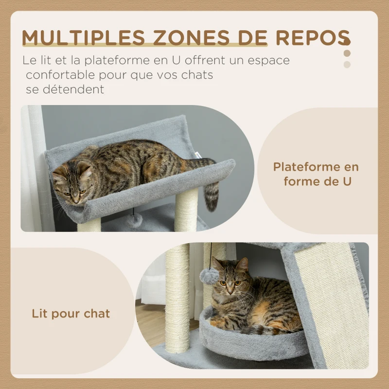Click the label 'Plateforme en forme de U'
(x=316, y=174)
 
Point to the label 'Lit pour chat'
(x=71, y=314)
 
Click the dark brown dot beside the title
(x=347, y=53)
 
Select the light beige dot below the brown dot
(x=347, y=64)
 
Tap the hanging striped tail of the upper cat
(x=212, y=194)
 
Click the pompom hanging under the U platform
(x=134, y=220)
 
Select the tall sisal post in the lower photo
(x=177, y=297)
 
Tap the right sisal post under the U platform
(x=187, y=209)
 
